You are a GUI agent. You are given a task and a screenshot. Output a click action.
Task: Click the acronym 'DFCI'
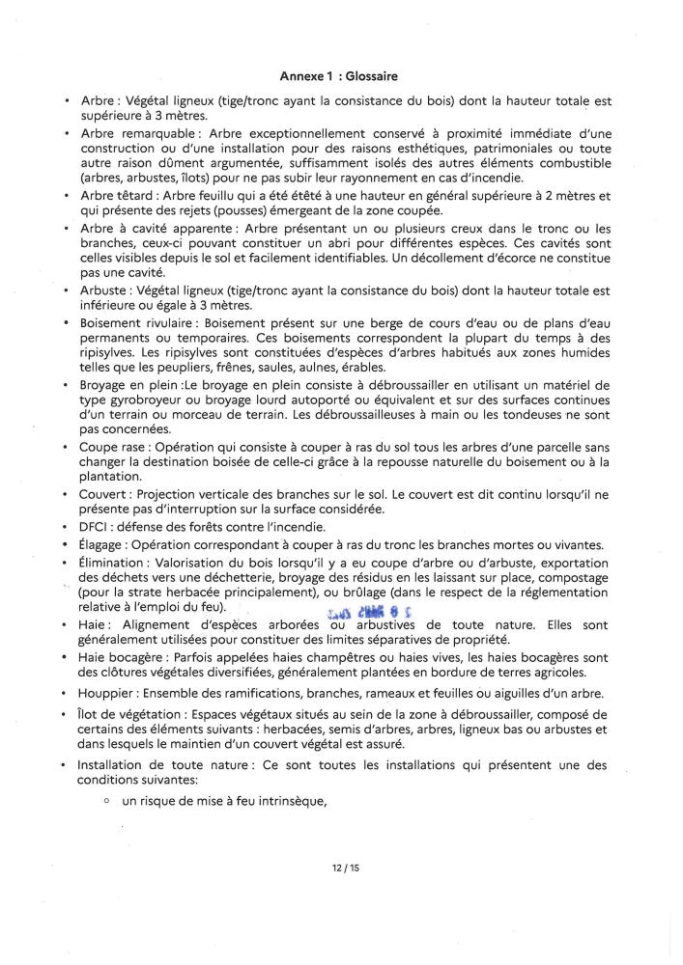pos(93,527)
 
